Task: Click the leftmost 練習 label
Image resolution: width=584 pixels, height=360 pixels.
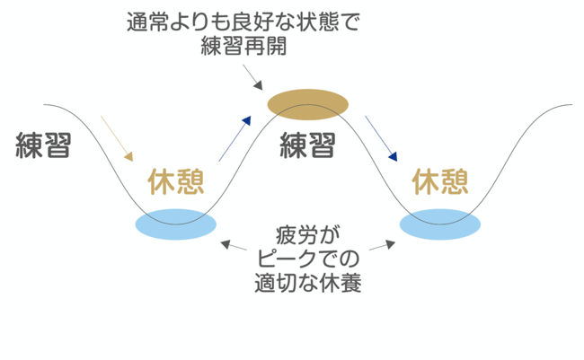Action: coord(44,145)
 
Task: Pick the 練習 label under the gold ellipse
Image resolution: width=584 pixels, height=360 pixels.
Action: coord(307,145)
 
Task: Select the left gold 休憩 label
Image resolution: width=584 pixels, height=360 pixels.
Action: coord(176,182)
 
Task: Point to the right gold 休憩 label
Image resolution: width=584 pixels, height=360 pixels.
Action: coord(440,182)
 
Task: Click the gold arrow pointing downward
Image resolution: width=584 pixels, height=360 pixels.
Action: coord(118,139)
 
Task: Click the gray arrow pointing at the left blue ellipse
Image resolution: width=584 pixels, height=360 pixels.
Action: coord(234,242)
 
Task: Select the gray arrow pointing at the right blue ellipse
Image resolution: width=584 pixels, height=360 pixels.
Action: coord(381,242)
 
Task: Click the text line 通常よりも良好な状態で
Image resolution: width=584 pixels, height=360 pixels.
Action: coord(243,22)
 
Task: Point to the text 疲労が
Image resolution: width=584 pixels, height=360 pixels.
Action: coord(308,235)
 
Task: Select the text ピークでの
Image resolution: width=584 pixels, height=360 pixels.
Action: coord(308,260)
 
